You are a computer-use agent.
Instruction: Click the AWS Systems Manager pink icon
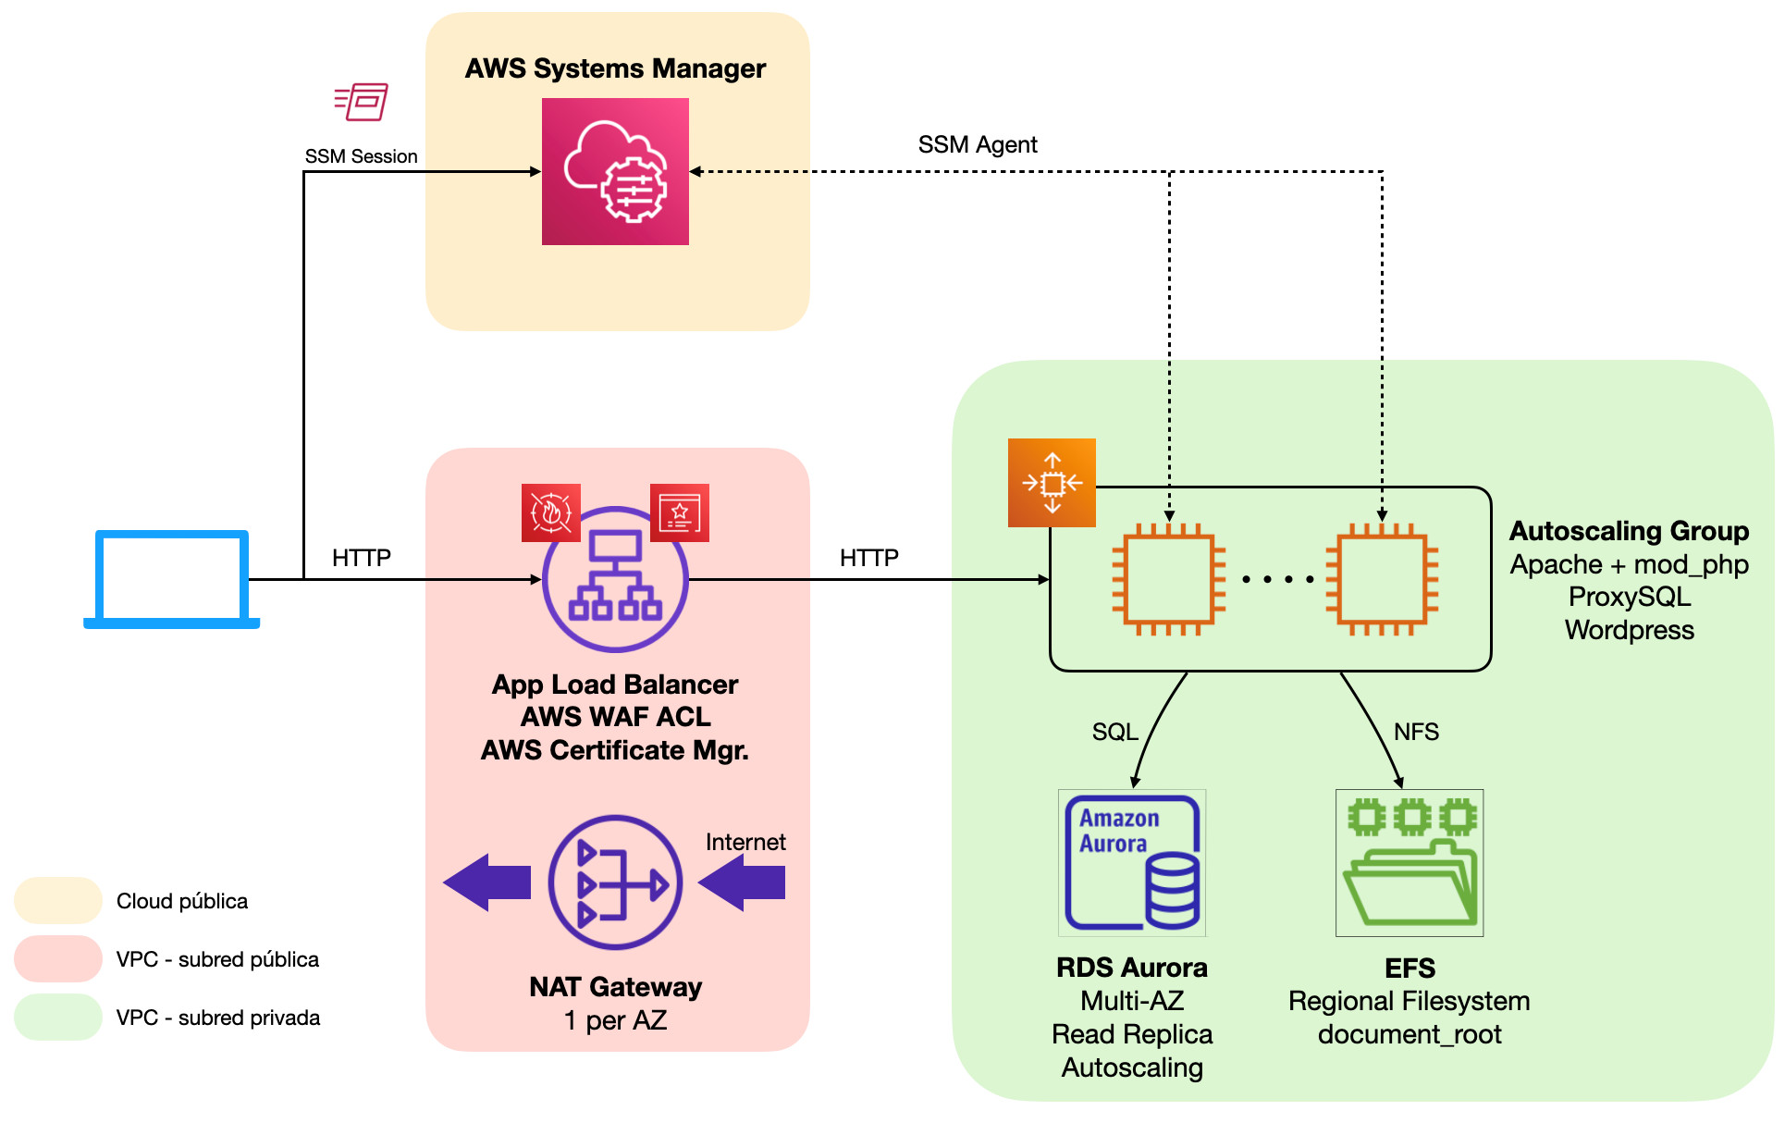point(615,171)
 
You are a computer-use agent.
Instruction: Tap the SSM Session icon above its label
point(361,102)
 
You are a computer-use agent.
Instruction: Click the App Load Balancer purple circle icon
point(615,580)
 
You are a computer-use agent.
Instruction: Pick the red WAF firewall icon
point(551,512)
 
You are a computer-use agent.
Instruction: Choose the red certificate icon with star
point(680,512)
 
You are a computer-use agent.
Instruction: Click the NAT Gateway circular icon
point(615,882)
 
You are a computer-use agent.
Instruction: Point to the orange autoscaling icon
point(1052,483)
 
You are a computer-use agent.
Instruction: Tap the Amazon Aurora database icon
point(1132,862)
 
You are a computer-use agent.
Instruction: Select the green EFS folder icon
point(1410,862)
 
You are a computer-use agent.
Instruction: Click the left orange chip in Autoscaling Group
point(1169,580)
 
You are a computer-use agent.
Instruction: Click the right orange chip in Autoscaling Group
point(1382,580)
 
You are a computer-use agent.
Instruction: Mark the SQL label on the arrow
point(1114,732)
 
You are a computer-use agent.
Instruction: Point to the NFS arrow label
point(1416,732)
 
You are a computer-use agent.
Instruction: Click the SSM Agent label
point(978,145)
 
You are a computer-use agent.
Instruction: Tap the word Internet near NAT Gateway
point(745,842)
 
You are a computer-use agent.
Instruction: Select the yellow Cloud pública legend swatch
point(58,901)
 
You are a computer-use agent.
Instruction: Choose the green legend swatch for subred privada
point(58,1018)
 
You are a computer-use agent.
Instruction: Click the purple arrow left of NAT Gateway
point(487,882)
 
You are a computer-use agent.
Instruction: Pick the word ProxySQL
point(1630,597)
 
